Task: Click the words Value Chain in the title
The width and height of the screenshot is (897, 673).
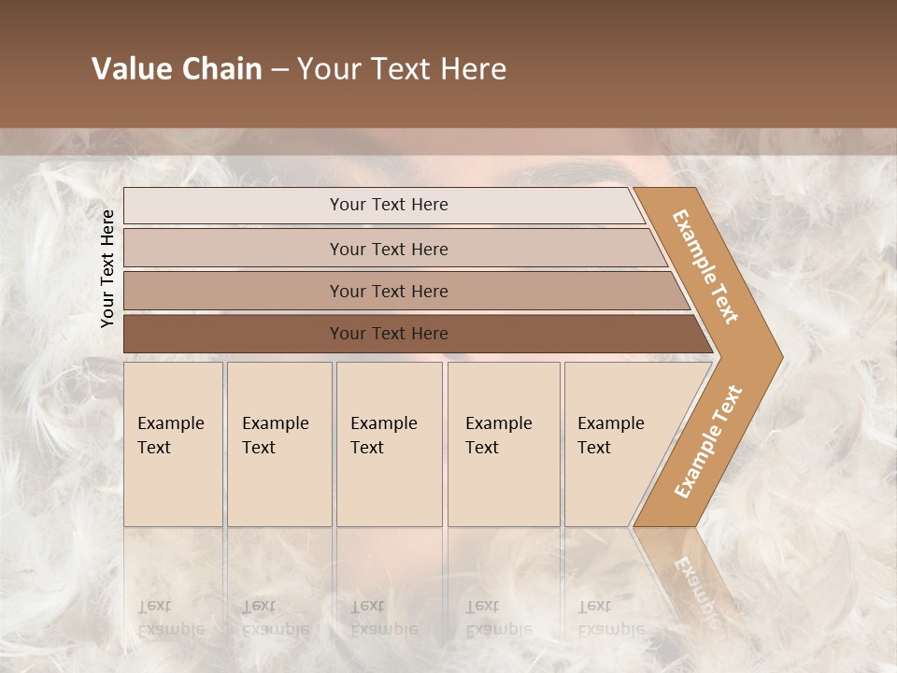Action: pyautogui.click(x=177, y=69)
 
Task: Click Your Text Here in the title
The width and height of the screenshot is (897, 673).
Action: pyautogui.click(x=402, y=69)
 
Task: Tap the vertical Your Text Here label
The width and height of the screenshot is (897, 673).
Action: pyautogui.click(x=107, y=268)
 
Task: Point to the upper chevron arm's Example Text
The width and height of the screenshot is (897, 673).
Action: pyautogui.click(x=705, y=266)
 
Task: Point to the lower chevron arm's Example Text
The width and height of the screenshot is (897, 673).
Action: pyautogui.click(x=707, y=441)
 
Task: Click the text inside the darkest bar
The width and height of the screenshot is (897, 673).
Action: pyautogui.click(x=389, y=334)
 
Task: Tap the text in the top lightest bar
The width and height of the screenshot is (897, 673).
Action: pyautogui.click(x=389, y=205)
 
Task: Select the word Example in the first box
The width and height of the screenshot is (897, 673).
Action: pyautogui.click(x=170, y=423)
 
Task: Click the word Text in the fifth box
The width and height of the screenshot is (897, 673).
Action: pyautogui.click(x=594, y=448)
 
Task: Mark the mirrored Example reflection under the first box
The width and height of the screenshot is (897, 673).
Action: pyautogui.click(x=170, y=629)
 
